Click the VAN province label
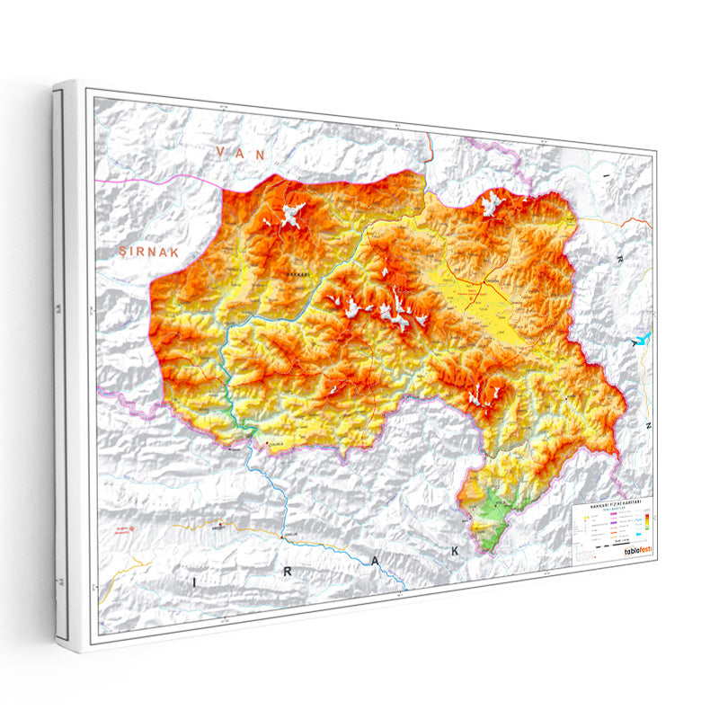click(241, 154)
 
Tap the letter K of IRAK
click(456, 549)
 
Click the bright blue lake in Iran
click(640, 342)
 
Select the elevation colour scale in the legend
click(646, 520)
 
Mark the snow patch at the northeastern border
click(491, 205)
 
